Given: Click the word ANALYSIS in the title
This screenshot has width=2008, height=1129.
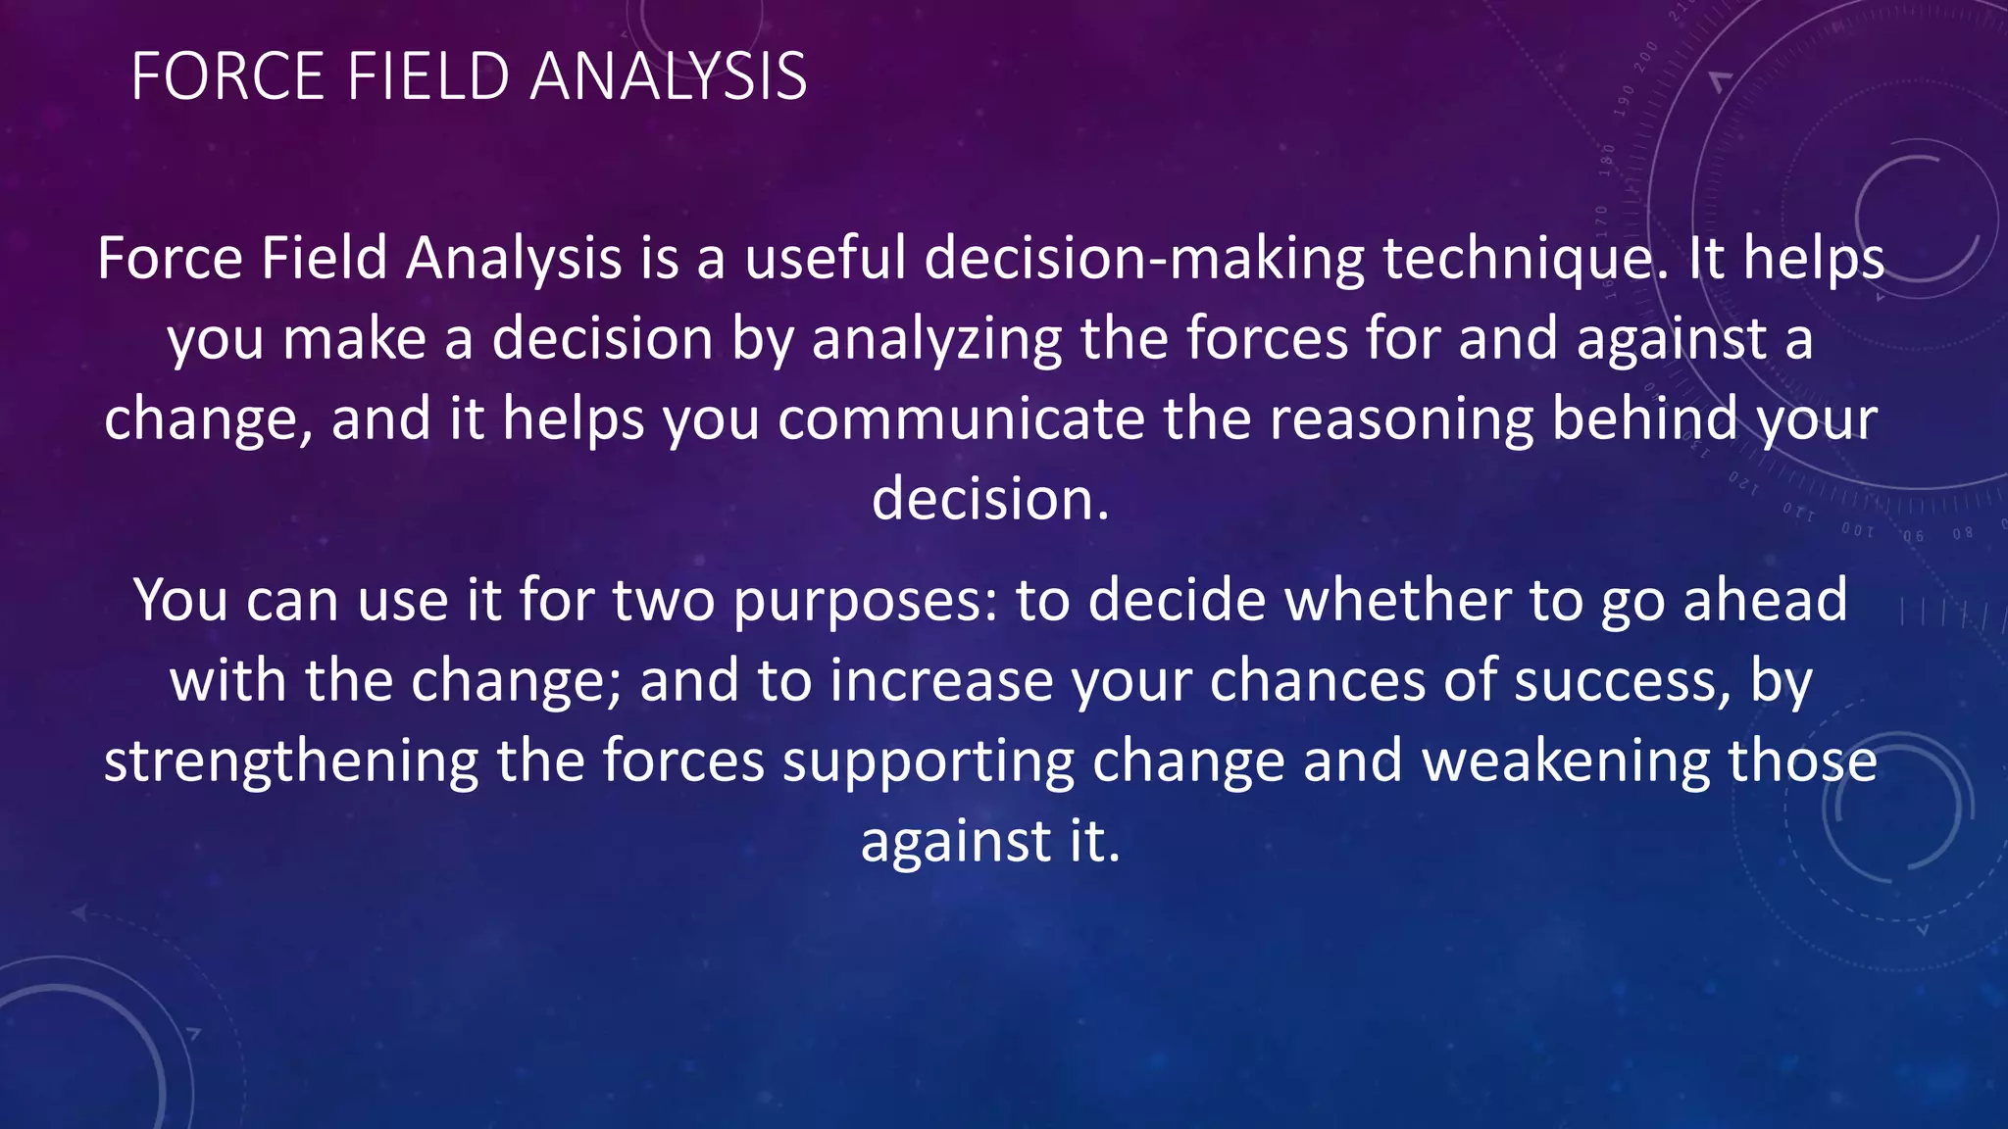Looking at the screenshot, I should [668, 76].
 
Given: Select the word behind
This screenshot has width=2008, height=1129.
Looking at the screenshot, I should [1644, 419].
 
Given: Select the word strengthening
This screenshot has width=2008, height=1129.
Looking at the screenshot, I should [291, 762].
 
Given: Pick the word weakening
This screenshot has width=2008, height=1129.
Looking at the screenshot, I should [1565, 762].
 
